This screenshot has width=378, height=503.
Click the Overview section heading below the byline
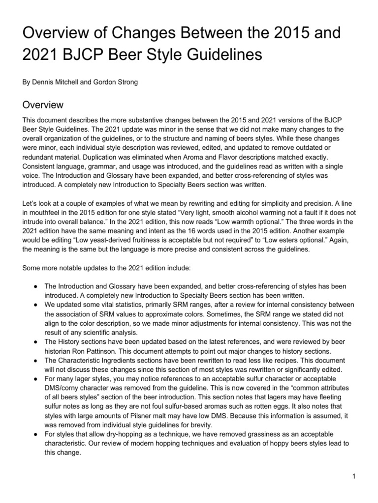(43, 105)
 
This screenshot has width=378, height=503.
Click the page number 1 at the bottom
(354, 476)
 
